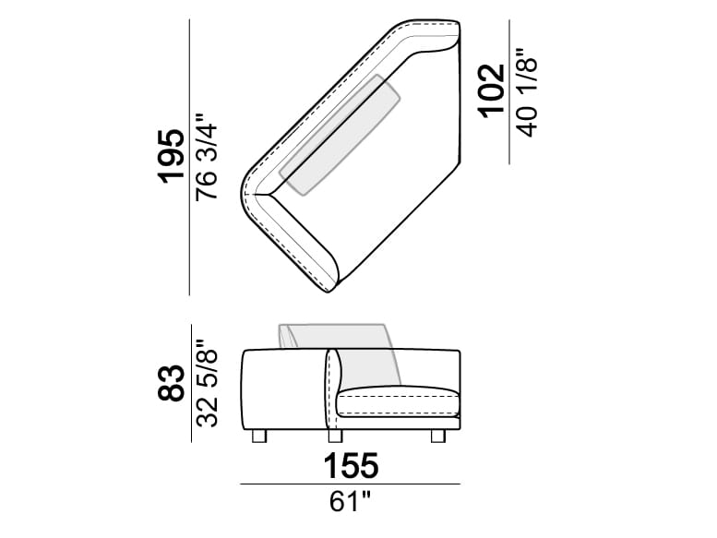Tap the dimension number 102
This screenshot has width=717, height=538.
point(492,90)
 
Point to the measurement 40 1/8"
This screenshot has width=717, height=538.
point(527,90)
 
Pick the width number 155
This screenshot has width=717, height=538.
point(351,467)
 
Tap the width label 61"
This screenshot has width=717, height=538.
point(352,504)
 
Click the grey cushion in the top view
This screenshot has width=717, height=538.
point(341,135)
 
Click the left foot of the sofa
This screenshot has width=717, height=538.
point(257,435)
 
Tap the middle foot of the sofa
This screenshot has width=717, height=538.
point(334,435)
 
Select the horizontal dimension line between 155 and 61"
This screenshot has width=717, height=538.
point(350,484)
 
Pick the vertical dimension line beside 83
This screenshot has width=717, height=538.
point(189,383)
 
